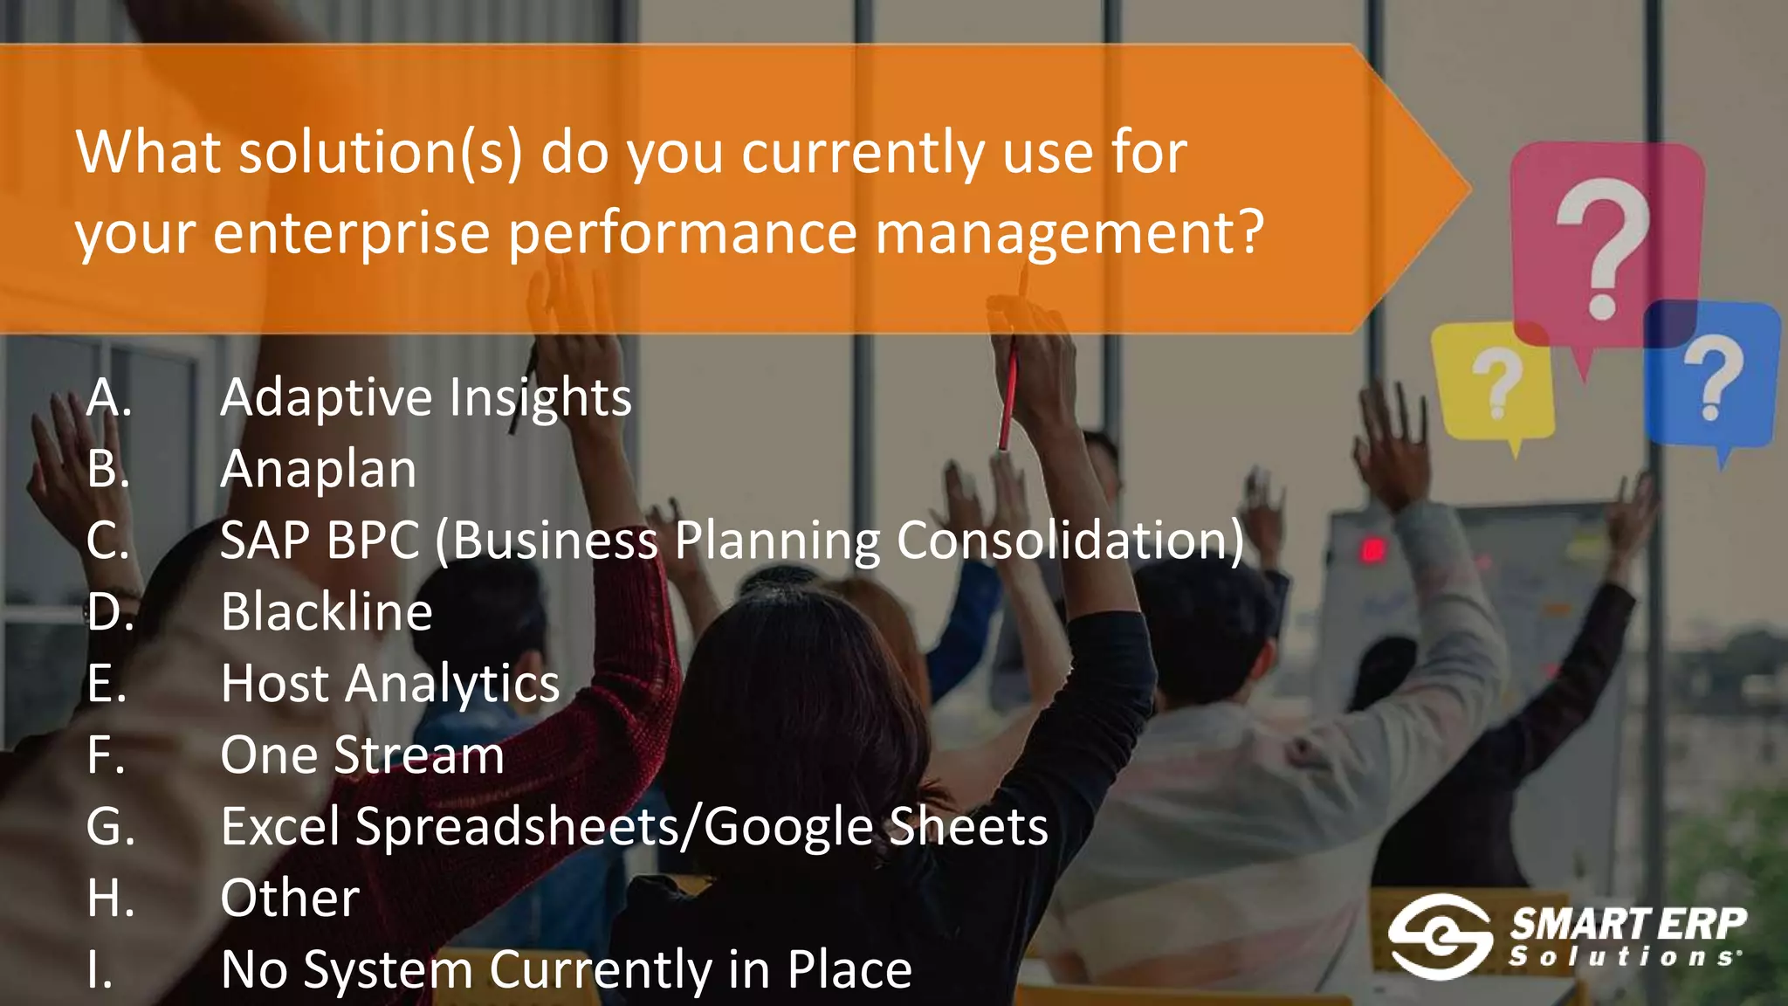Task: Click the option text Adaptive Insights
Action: [425, 398]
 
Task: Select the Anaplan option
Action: [319, 469]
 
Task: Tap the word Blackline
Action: [327, 611]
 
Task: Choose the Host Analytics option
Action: [390, 683]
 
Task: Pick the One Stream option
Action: [362, 754]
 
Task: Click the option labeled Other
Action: [290, 898]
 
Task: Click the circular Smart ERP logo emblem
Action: [1440, 935]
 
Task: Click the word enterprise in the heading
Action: [351, 233]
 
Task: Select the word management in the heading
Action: [1069, 233]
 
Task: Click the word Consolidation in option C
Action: [1070, 540]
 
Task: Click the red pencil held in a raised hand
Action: [1010, 393]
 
